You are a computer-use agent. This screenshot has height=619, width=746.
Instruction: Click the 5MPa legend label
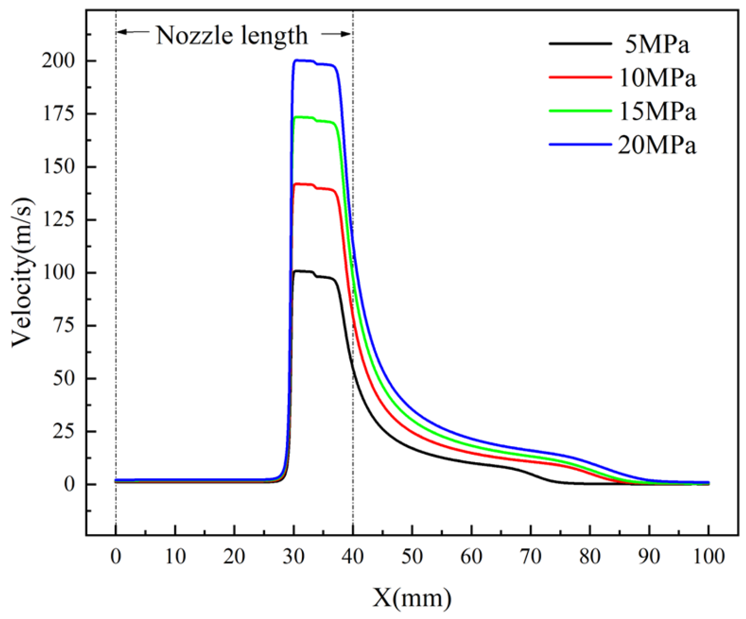click(x=657, y=45)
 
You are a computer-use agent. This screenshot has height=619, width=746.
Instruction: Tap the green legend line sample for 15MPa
click(x=580, y=111)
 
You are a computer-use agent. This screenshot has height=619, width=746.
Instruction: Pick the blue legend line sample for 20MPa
click(x=580, y=144)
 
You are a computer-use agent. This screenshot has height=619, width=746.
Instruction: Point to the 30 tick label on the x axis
click(x=293, y=556)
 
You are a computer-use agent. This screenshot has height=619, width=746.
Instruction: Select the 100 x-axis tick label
click(x=708, y=556)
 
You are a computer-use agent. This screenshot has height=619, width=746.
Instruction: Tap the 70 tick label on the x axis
click(x=530, y=556)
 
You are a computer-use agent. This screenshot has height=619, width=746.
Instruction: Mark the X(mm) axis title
click(x=412, y=598)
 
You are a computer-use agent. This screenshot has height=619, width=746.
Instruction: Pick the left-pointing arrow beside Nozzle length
click(x=133, y=32)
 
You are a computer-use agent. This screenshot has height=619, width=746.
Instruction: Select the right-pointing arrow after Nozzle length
click(x=336, y=34)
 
